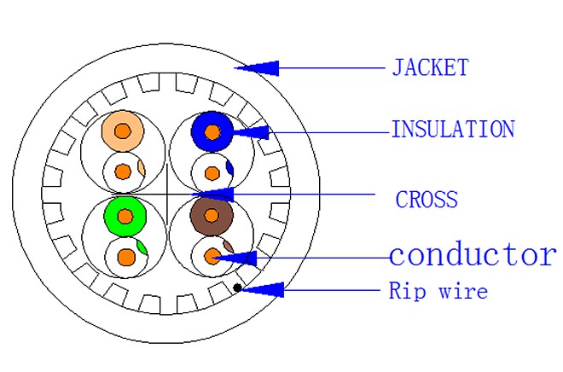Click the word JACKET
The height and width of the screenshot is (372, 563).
430,67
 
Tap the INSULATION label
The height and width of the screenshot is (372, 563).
453,130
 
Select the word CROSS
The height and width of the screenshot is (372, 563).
427,200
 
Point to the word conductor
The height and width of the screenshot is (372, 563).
473,254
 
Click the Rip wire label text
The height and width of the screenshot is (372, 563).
438,290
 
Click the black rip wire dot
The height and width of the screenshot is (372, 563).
237,288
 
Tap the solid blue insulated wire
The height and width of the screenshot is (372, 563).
212,131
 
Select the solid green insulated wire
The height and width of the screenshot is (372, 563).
125,216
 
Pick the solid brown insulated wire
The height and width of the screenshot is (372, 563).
212,216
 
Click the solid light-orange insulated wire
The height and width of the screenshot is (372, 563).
123,131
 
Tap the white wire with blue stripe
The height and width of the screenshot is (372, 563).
212,173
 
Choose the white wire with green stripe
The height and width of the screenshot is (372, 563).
126,257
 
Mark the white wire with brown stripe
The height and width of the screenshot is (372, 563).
212,256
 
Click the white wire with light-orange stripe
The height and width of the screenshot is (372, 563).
124,172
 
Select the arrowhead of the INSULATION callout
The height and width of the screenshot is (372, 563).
251,132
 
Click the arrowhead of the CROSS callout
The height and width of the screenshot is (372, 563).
213,195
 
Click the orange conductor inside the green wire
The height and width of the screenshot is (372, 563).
125,216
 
